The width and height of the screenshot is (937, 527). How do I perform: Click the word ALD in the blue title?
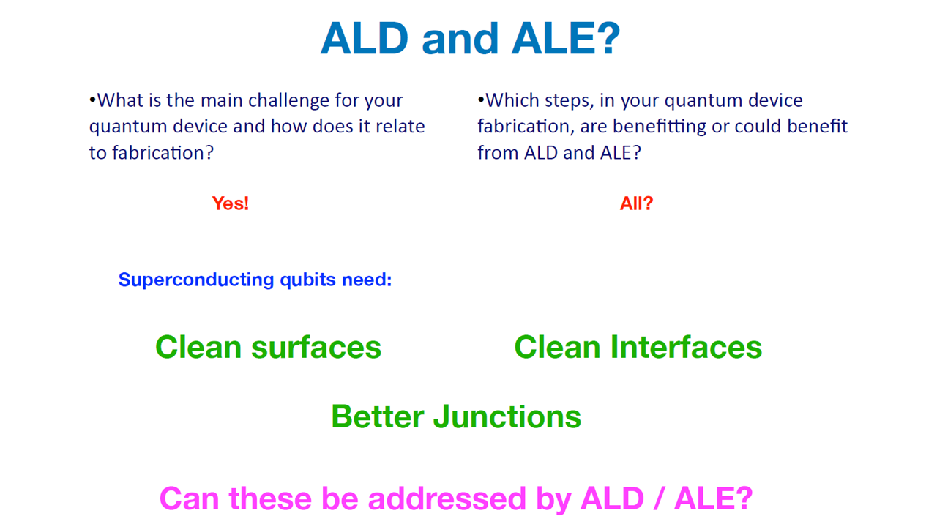tap(365, 39)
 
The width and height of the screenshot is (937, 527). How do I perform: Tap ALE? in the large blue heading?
tap(566, 39)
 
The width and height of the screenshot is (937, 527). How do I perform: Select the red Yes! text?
tap(231, 203)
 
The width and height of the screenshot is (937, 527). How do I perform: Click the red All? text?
tap(636, 203)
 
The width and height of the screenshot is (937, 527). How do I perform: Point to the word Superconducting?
tap(196, 280)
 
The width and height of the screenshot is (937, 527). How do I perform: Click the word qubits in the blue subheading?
tap(308, 280)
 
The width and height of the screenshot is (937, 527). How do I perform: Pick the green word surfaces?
tap(316, 347)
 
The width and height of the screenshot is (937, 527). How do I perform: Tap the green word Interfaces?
tap(686, 347)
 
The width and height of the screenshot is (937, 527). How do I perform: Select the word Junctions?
tap(507, 416)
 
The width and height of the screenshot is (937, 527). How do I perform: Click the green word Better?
tap(377, 416)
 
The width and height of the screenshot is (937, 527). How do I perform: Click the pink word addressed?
tap(447, 498)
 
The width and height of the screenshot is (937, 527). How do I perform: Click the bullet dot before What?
tap(92, 100)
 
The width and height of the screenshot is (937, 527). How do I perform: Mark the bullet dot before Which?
tap(481, 100)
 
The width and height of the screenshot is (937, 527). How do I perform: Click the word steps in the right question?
tap(570, 101)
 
